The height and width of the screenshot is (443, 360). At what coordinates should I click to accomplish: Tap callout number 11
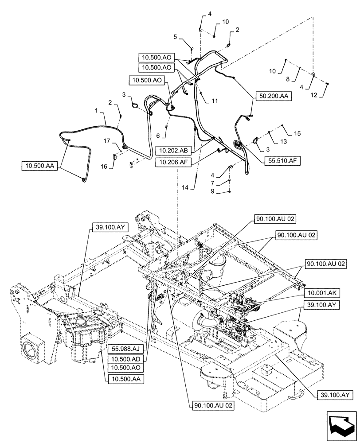tap(215, 101)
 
